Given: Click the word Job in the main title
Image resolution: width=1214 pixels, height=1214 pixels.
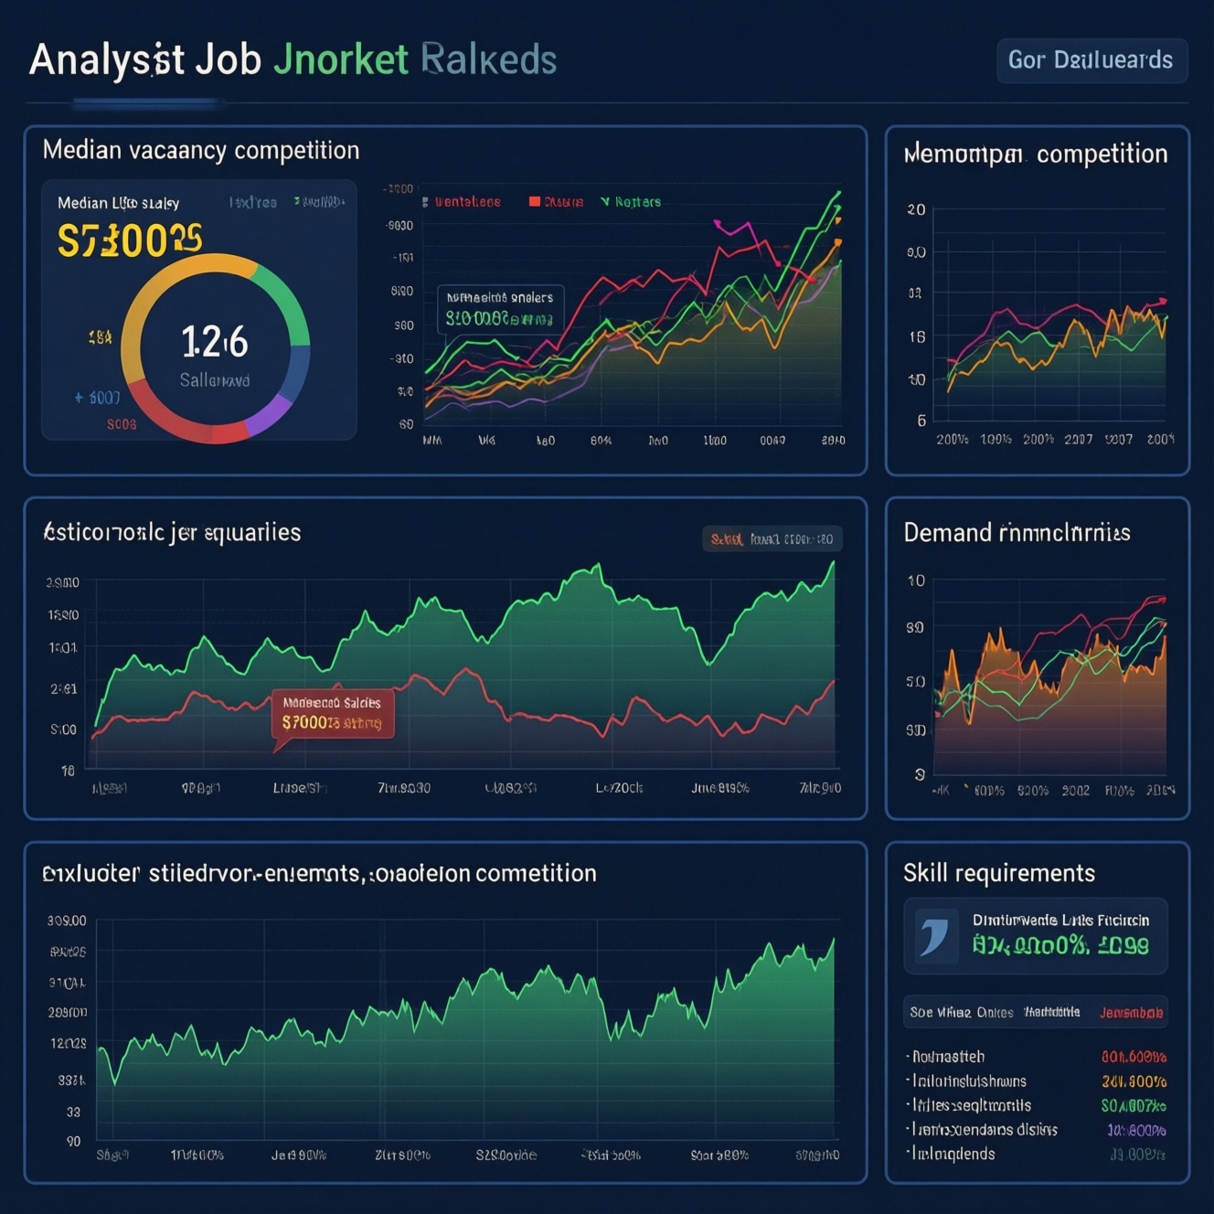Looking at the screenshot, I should pyautogui.click(x=228, y=60).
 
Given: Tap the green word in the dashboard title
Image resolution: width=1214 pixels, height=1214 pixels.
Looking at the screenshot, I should pyautogui.click(x=340, y=60).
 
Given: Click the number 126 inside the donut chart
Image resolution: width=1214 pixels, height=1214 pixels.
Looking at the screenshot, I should pyautogui.click(x=215, y=343).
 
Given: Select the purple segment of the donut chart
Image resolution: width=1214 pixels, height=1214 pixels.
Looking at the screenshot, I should pyautogui.click(x=270, y=414).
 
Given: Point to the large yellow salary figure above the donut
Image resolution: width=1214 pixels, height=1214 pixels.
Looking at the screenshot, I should pyautogui.click(x=129, y=240).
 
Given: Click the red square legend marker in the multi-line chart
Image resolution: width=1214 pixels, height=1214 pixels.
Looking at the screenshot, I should pyautogui.click(x=535, y=202).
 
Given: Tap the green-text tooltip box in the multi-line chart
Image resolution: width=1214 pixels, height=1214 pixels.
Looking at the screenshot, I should pyautogui.click(x=500, y=309).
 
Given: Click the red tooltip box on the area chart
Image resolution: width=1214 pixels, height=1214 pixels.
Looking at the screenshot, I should pyautogui.click(x=333, y=714).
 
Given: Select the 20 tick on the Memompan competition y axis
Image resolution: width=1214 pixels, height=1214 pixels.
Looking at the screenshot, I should pyautogui.click(x=916, y=209).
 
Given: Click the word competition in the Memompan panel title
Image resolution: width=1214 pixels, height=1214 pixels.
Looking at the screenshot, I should pyautogui.click(x=1102, y=154).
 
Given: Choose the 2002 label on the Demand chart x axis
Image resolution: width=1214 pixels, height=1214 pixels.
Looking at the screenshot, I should pyautogui.click(x=1075, y=791).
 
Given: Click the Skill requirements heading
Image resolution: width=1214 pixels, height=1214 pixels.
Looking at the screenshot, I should pyautogui.click(x=998, y=873).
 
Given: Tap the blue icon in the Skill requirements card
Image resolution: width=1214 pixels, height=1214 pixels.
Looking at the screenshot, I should pyautogui.click(x=934, y=936).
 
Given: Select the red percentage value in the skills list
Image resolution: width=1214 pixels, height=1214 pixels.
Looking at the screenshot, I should pyautogui.click(x=1134, y=1057).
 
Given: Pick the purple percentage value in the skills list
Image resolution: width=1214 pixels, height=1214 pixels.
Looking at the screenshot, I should pyautogui.click(x=1136, y=1130).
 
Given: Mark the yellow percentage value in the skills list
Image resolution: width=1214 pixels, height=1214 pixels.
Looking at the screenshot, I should pyautogui.click(x=1134, y=1081).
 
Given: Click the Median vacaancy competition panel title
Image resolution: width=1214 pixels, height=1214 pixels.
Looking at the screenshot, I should pyautogui.click(x=201, y=151).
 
